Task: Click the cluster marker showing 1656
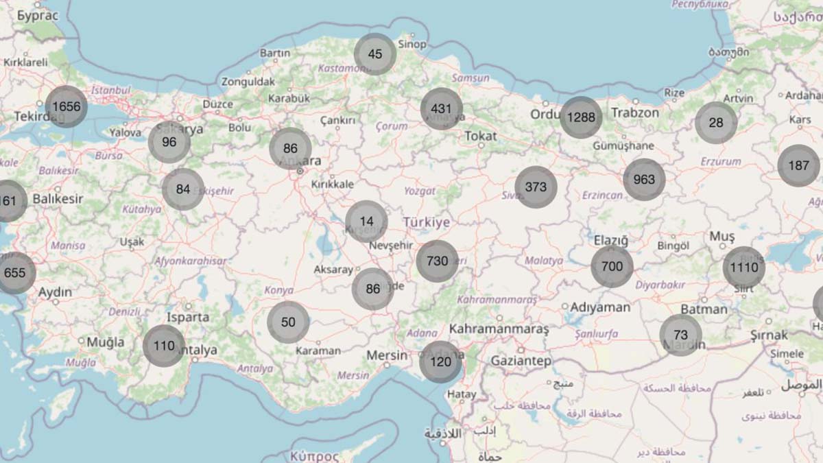(67, 106)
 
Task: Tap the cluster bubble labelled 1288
(581, 117)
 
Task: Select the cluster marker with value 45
(375, 54)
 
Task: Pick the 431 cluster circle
(442, 109)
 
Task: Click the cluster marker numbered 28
(716, 123)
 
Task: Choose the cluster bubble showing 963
(644, 180)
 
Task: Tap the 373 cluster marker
(536, 187)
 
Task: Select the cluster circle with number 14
(366, 222)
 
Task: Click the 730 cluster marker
(437, 261)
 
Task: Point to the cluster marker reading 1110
(743, 268)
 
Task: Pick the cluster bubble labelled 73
(680, 335)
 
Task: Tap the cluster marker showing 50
(288, 322)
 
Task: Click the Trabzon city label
(635, 112)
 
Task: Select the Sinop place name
(412, 45)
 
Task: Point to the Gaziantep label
(521, 361)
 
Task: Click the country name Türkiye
(426, 222)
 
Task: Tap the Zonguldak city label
(248, 82)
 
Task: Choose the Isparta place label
(188, 317)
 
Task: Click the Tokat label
(481, 136)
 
